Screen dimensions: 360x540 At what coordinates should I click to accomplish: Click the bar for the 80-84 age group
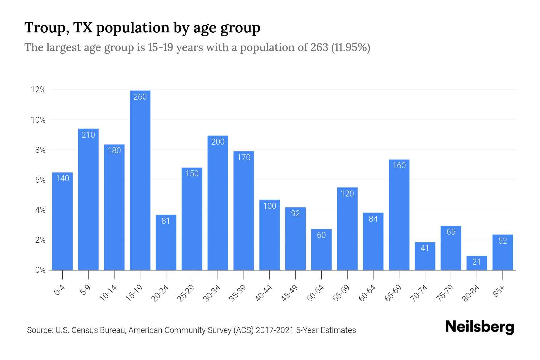click(477, 263)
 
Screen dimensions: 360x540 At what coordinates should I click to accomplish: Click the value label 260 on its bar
click(140, 97)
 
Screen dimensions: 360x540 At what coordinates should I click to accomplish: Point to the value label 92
click(295, 214)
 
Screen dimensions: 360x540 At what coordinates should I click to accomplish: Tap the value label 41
click(425, 248)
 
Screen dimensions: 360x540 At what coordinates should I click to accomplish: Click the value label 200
click(218, 142)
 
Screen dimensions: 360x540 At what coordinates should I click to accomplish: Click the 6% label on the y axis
click(40, 180)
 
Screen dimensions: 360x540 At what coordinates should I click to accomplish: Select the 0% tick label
click(40, 270)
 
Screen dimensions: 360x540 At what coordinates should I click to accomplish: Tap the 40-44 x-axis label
click(264, 293)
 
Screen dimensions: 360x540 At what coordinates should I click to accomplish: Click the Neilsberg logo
click(479, 327)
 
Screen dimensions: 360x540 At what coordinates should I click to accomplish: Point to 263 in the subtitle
click(319, 48)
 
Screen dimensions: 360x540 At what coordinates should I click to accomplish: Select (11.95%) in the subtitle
click(351, 48)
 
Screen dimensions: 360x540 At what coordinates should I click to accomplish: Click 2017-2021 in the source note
click(274, 330)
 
